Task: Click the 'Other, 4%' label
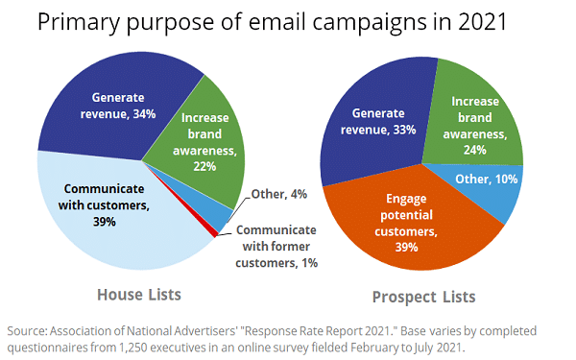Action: (x=280, y=196)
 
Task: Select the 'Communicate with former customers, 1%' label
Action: (x=276, y=246)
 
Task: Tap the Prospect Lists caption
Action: (x=424, y=296)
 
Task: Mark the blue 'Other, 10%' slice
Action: (x=495, y=188)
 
